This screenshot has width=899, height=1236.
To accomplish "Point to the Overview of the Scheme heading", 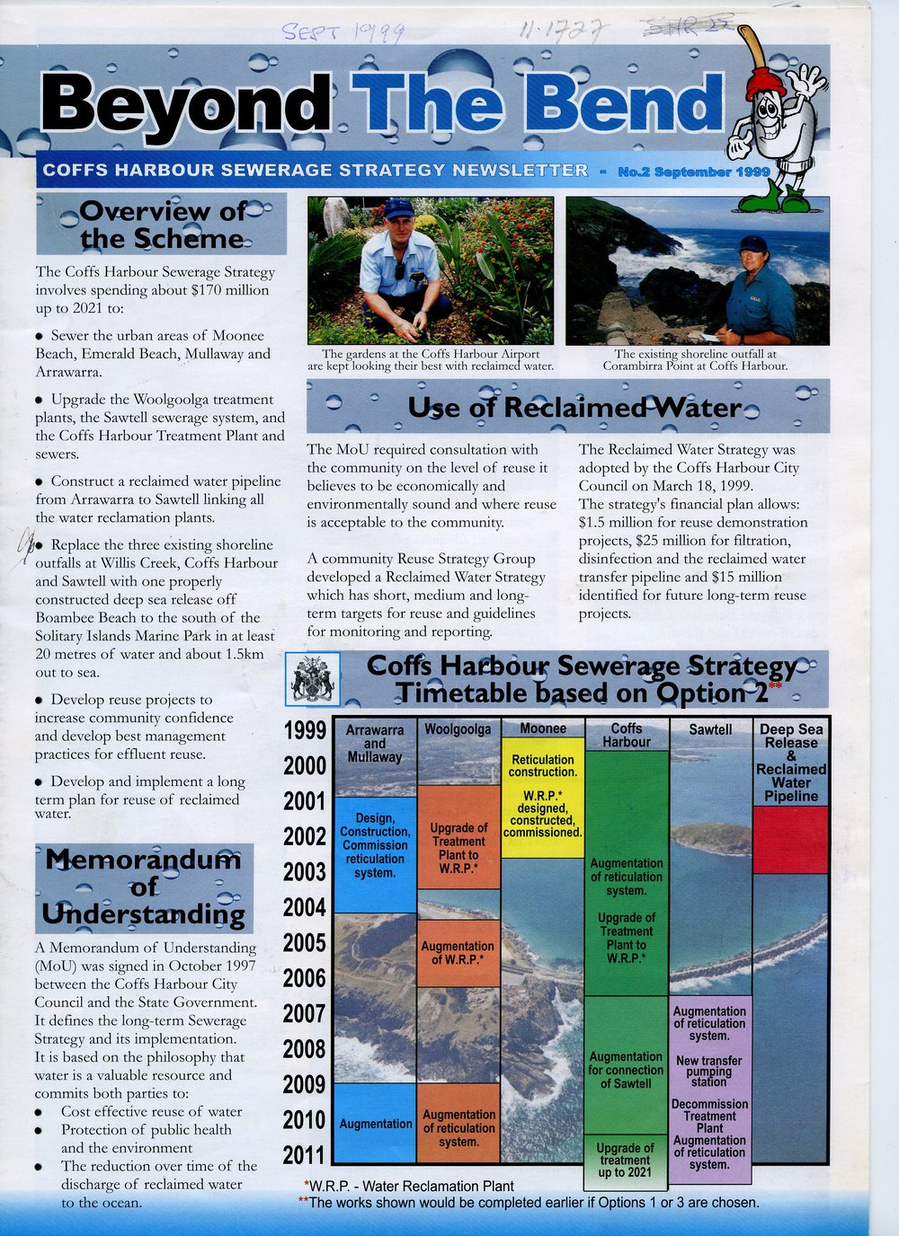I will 162,225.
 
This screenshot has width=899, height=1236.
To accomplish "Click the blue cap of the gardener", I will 397,208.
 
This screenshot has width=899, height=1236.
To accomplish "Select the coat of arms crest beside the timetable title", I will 312,680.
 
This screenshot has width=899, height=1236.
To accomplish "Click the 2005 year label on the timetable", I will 304,942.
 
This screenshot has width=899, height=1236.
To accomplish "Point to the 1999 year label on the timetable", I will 304,730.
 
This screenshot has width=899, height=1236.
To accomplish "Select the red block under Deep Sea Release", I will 790,839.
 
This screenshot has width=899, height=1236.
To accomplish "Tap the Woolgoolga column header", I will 458,728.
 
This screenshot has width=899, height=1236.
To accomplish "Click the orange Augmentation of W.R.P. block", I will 458,953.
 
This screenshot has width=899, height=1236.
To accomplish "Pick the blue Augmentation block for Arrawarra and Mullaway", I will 375,1123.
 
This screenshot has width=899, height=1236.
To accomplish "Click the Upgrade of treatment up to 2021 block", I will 626,1160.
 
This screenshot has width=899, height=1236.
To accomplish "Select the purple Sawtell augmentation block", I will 710,1088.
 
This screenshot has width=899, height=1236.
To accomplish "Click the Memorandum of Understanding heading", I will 144,887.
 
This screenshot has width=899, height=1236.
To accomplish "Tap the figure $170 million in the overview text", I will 230,290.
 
